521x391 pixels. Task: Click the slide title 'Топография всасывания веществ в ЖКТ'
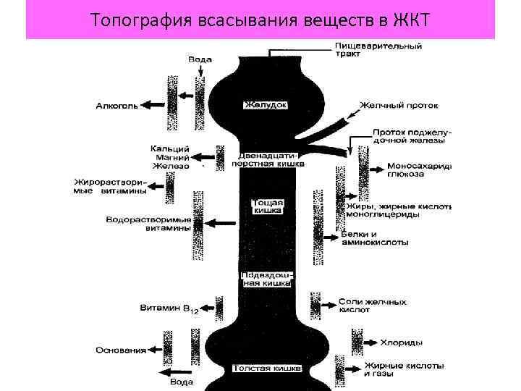click(260, 19)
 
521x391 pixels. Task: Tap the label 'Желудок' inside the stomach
click(265, 105)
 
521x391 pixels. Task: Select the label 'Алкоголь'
click(116, 105)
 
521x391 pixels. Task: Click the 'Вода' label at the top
click(200, 59)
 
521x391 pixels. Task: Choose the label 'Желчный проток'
click(408, 105)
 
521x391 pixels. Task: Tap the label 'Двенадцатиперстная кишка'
click(266, 159)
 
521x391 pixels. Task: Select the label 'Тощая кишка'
click(267, 206)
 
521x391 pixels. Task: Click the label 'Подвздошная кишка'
click(266, 280)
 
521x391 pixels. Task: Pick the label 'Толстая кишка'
click(267, 369)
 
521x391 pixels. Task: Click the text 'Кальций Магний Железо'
click(170, 156)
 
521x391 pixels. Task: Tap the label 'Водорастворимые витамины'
click(148, 223)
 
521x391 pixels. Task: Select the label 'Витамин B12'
click(169, 309)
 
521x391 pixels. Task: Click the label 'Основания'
click(120, 350)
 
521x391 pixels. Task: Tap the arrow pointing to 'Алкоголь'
click(153, 105)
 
